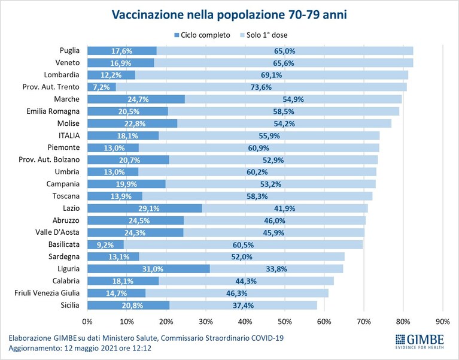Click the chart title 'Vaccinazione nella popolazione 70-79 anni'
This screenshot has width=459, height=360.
click(x=229, y=14)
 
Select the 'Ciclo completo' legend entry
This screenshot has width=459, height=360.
click(x=202, y=35)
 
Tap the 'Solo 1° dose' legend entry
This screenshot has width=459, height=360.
click(x=264, y=35)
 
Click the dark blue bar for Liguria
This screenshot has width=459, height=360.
click(x=148, y=268)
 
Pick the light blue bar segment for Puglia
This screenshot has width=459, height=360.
click(x=285, y=51)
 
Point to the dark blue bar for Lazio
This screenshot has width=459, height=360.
click(x=145, y=208)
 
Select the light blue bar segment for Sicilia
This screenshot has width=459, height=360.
click(x=243, y=305)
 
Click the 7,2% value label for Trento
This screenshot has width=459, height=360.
click(x=101, y=87)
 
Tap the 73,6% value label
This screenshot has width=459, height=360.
click(x=261, y=87)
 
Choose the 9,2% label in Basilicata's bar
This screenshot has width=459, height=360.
click(x=105, y=244)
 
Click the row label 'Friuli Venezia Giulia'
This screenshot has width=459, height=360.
click(x=47, y=293)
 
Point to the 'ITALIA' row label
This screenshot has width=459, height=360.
click(x=69, y=135)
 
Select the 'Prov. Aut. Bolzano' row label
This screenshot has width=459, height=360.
click(x=49, y=160)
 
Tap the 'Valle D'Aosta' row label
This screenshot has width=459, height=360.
click(x=57, y=232)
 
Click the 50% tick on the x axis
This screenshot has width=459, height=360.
click(x=285, y=322)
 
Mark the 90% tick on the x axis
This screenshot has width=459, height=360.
click(x=443, y=322)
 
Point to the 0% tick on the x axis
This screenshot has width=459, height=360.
click(x=87, y=322)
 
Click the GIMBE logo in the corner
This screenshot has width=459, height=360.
click(x=420, y=341)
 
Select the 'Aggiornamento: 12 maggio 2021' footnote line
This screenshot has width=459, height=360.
click(x=80, y=349)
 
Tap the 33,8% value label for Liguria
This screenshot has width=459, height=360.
click(x=276, y=269)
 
